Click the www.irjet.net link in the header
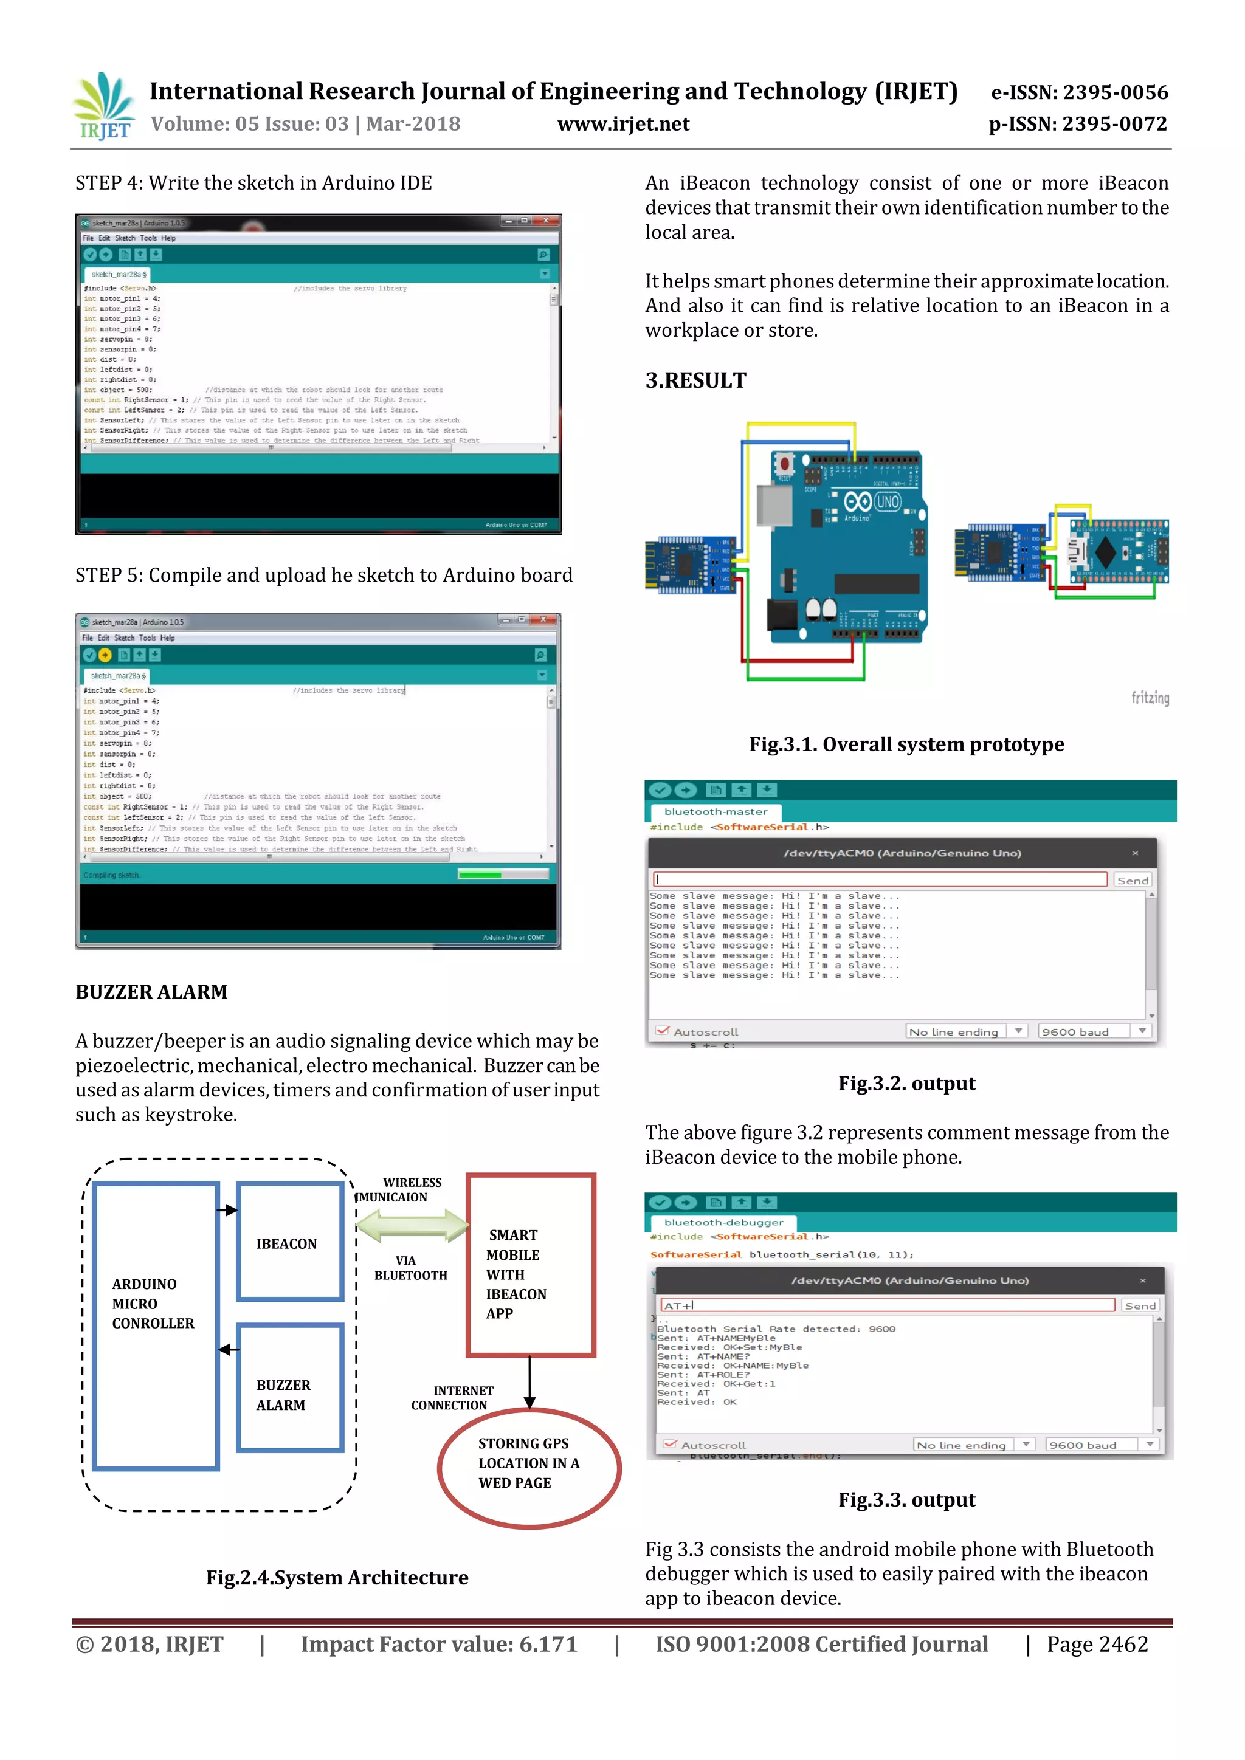pyautogui.click(x=622, y=124)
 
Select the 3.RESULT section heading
pyautogui.click(x=695, y=380)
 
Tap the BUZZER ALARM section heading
pyautogui.click(x=151, y=992)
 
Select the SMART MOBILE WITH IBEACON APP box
pyautogui.click(x=531, y=1265)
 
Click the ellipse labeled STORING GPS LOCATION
pyautogui.click(x=529, y=1467)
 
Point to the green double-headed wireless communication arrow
pyautogui.click(x=412, y=1225)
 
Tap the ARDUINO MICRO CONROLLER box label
pyautogui.click(x=153, y=1303)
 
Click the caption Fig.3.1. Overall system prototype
pyautogui.click(x=906, y=744)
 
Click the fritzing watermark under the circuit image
pyautogui.click(x=1150, y=698)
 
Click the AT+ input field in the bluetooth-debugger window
pyautogui.click(x=886, y=1305)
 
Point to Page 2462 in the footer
pyautogui.click(x=1097, y=1645)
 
